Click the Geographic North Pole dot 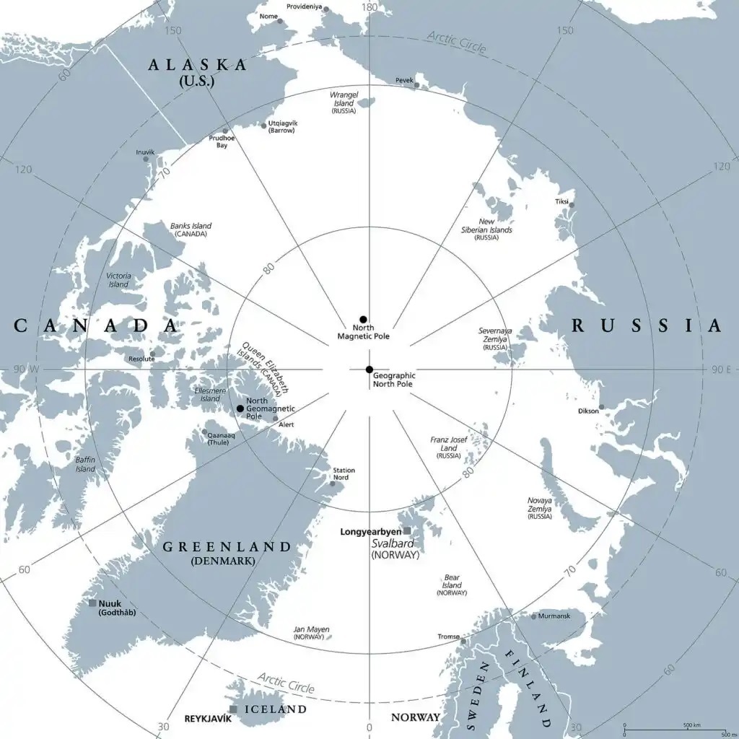pyautogui.click(x=369, y=369)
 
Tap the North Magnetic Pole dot pyautogui.click(x=364, y=319)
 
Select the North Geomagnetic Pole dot pyautogui.click(x=240, y=408)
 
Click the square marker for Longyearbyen pyautogui.click(x=407, y=530)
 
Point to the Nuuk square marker pyautogui.click(x=92, y=603)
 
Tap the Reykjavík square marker pyautogui.click(x=233, y=709)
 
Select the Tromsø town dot pyautogui.click(x=463, y=641)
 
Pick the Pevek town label pyautogui.click(x=404, y=80)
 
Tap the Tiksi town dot pyautogui.click(x=572, y=205)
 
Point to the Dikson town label pyautogui.click(x=588, y=412)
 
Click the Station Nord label pyautogui.click(x=344, y=473)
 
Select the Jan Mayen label pyautogui.click(x=309, y=633)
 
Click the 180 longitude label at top pyautogui.click(x=369, y=7)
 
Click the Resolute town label pyautogui.click(x=141, y=359)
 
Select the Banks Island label pyautogui.click(x=191, y=229)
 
